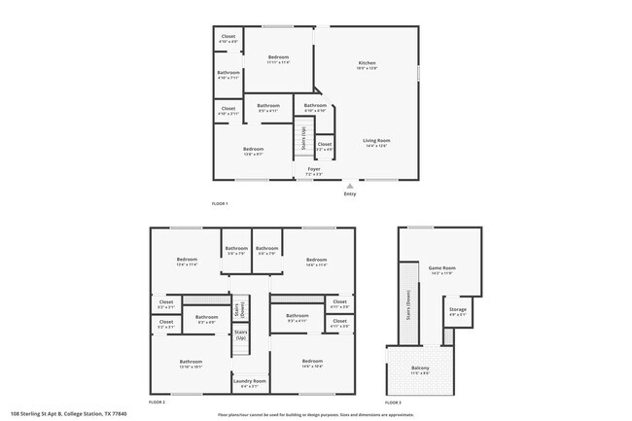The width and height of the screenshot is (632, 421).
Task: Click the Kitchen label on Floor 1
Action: [367, 64]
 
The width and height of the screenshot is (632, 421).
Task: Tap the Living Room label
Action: [376, 142]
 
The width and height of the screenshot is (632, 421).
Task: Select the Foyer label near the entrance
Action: [314, 170]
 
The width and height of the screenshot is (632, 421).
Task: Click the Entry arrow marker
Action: [350, 185]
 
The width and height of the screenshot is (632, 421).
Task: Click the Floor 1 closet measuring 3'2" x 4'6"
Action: [325, 146]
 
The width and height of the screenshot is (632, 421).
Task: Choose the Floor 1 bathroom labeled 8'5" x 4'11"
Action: [268, 107]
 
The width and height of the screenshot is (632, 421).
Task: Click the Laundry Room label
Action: [250, 382]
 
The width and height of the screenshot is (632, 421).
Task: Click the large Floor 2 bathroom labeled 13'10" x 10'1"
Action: [191, 364]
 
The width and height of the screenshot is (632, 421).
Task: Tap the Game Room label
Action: [442, 269]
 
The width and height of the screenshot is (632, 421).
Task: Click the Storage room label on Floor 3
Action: [458, 312]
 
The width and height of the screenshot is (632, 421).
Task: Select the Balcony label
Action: [420, 370]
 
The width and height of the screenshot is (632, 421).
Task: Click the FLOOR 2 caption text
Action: [158, 402]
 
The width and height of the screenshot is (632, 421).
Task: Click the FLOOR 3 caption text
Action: [393, 402]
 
